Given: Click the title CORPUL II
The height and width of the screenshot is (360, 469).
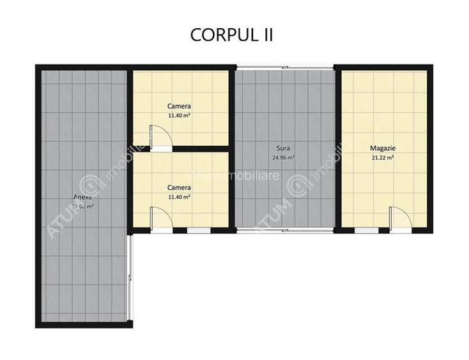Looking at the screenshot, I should click(x=231, y=35).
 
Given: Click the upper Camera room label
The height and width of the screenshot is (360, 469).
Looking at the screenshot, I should click(x=179, y=106).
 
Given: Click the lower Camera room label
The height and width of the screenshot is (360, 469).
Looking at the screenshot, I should click(x=179, y=188).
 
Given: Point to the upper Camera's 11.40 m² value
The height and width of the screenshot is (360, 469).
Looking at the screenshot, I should click(x=179, y=116).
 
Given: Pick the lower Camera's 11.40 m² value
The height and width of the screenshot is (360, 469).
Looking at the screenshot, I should click(x=179, y=198).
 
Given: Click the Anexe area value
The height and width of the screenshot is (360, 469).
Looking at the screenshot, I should click(x=84, y=207).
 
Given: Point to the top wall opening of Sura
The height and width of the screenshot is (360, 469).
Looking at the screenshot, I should click(x=285, y=67).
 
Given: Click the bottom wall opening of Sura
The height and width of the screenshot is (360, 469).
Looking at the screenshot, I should click(x=285, y=230).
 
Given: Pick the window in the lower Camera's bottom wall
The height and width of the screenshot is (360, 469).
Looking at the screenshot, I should click(x=199, y=230).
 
